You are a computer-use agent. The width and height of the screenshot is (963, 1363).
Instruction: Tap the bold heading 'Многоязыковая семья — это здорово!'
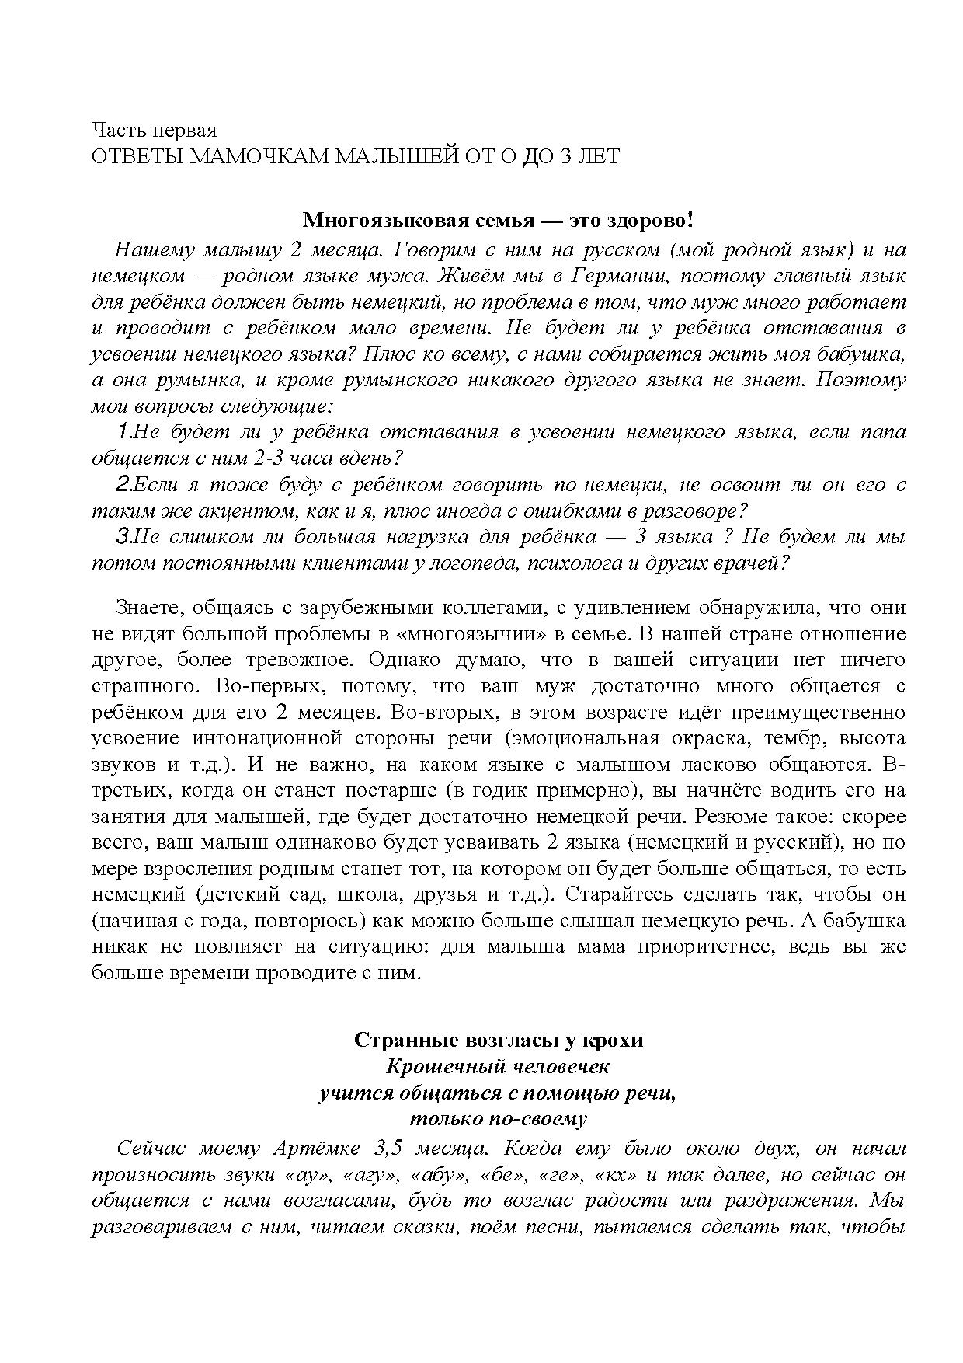(497, 221)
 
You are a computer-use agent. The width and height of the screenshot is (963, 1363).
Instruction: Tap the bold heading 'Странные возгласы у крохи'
(498, 1040)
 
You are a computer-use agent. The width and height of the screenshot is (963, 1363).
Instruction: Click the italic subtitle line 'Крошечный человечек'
(498, 1066)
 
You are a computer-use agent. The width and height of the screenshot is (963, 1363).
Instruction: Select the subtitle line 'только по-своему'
(498, 1119)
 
